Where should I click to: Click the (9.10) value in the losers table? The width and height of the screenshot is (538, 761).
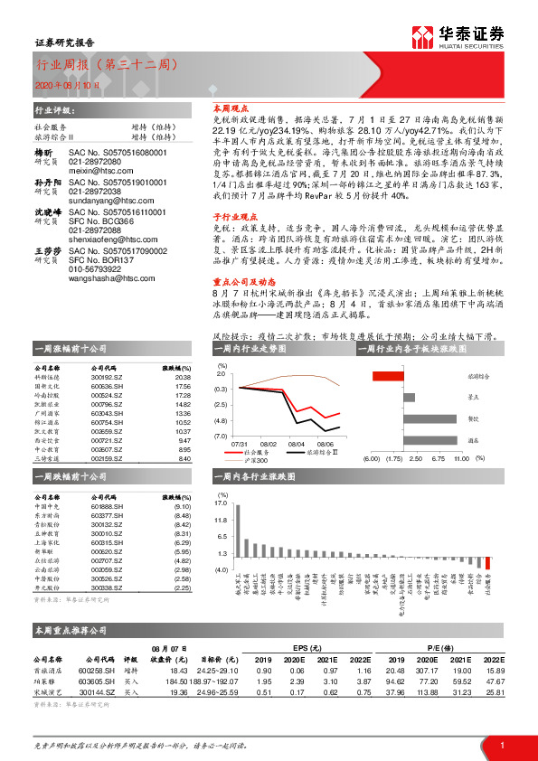pos(181,506)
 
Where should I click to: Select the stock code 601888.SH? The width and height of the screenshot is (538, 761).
pos(108,506)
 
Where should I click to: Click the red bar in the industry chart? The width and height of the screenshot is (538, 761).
pos(488,562)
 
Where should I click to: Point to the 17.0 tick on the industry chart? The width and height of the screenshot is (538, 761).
pos(222,503)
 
